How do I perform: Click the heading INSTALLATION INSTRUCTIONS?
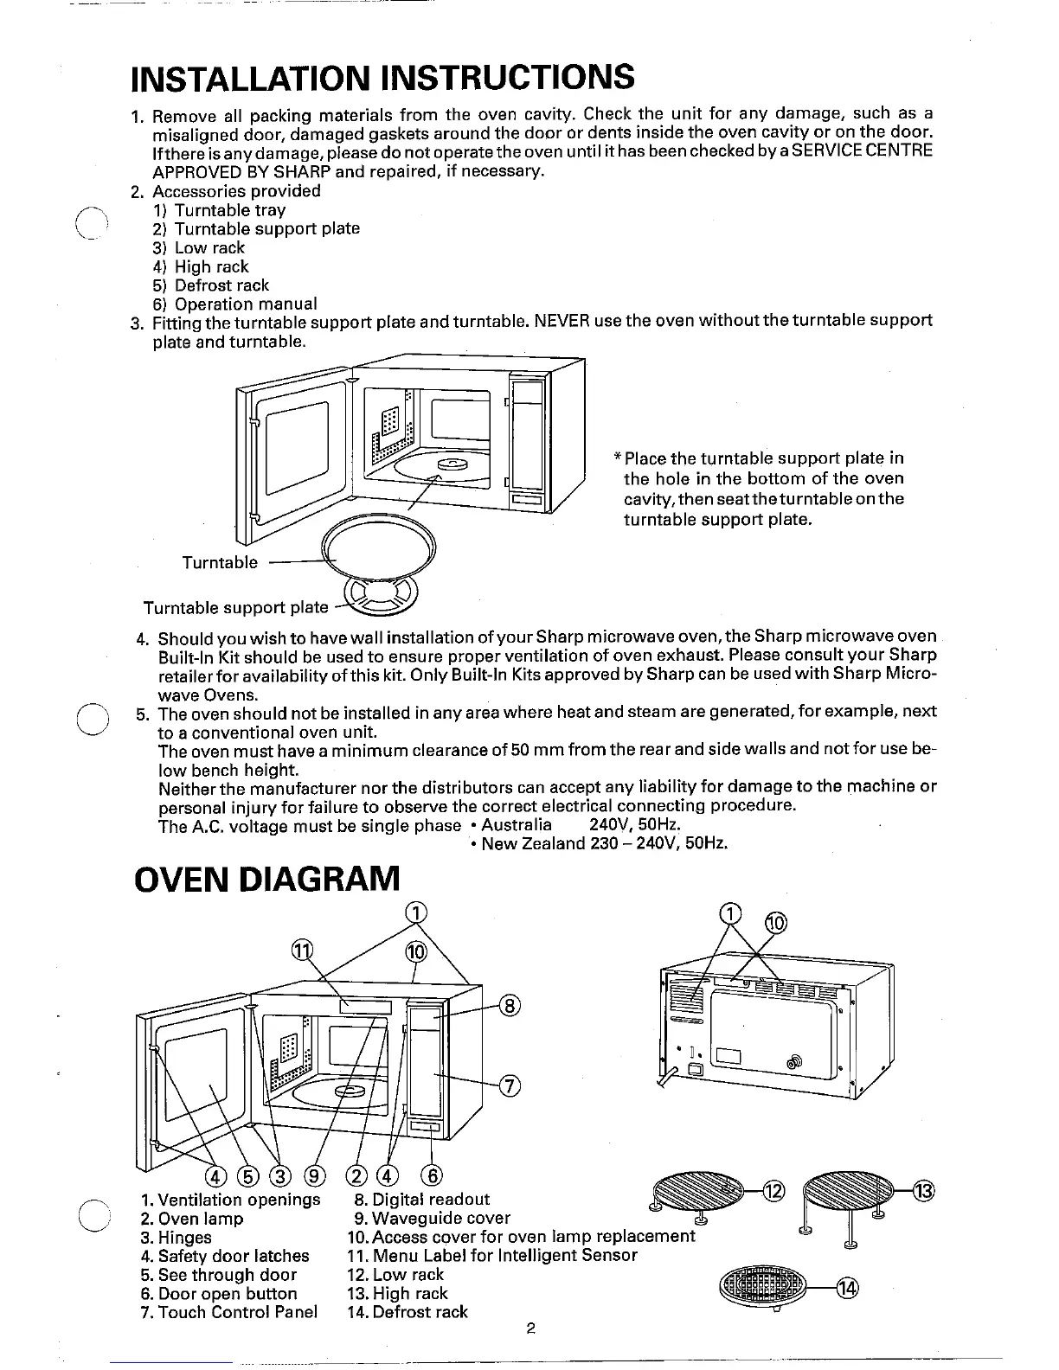pos(382,77)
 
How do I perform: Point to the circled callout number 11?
pos(301,951)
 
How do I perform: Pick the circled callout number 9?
pos(316,1175)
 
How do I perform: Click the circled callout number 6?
pos(431,1175)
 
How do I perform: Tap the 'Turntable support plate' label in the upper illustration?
pos(235,607)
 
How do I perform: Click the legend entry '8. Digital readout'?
pos(422,1200)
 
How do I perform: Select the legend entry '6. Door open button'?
pos(219,1294)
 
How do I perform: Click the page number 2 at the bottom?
pos(529,1329)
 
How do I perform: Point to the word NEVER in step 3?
pos(562,321)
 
